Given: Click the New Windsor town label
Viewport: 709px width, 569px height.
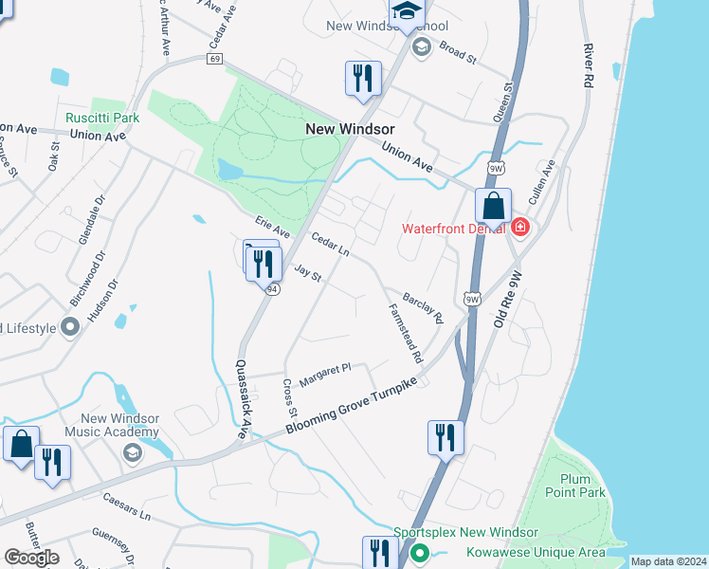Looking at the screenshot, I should click(x=350, y=128).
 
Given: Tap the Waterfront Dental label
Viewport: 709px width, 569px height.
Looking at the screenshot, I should click(x=454, y=228).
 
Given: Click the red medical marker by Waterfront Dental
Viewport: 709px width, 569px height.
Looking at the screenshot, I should click(x=519, y=228).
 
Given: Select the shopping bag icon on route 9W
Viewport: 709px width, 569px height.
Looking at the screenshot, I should click(x=493, y=206).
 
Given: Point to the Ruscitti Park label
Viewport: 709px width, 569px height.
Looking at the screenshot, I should click(x=102, y=119).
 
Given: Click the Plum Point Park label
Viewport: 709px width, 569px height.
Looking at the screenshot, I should click(x=575, y=485).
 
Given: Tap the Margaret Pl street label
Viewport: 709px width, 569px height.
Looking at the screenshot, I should click(x=325, y=374).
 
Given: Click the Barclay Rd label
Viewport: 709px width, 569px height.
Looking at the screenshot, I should click(x=423, y=308).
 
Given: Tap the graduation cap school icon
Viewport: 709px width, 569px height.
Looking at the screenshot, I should click(x=407, y=12).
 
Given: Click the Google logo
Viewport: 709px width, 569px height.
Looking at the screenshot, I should click(x=31, y=558).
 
